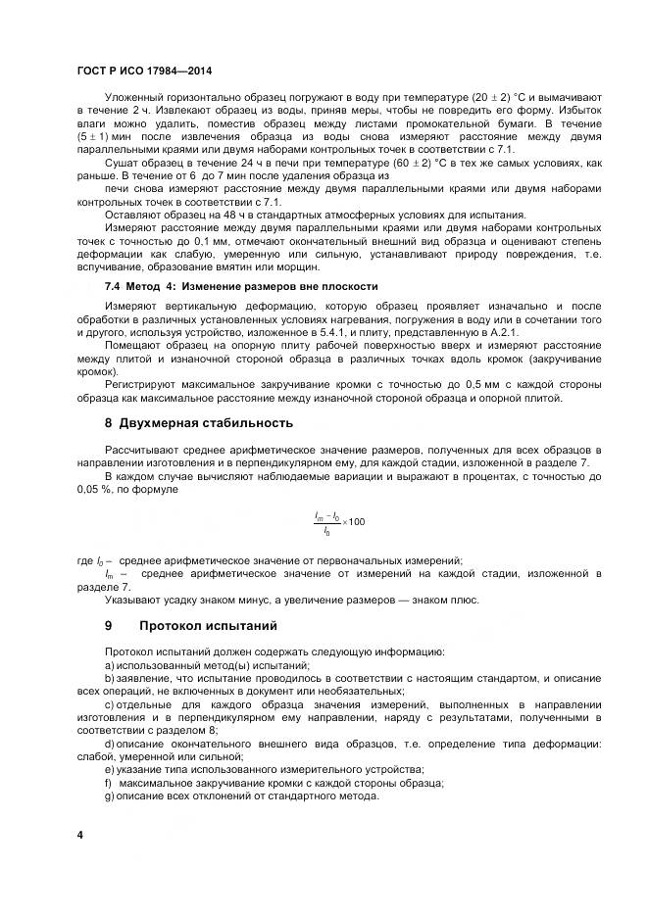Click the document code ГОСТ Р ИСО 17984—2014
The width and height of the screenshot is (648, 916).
[x=144, y=72]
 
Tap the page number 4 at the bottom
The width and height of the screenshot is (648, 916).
[x=80, y=834]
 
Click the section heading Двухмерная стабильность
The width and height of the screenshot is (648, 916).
[x=206, y=423]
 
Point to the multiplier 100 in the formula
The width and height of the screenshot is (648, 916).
[x=356, y=521]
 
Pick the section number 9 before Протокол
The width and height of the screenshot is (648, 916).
[x=109, y=625]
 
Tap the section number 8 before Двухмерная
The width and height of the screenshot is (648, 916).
[x=109, y=423]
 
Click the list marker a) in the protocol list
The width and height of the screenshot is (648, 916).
[x=110, y=664]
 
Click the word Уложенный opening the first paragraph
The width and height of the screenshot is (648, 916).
[x=134, y=98]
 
